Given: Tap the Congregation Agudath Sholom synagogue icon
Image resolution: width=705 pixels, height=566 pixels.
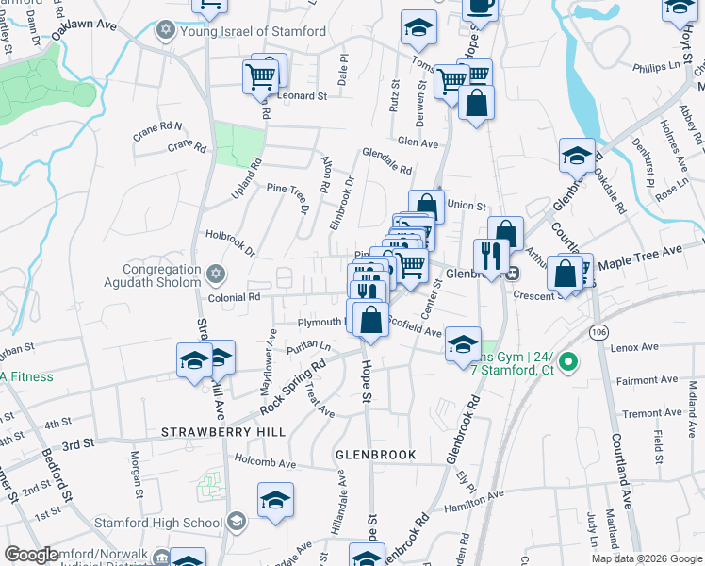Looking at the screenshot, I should click(x=216, y=275).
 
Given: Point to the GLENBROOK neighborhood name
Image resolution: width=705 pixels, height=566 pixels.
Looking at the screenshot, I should click(x=375, y=455).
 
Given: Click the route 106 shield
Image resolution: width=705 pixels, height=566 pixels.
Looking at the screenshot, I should click(x=599, y=332).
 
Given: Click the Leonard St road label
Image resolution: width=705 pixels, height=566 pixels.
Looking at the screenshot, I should click(x=302, y=95).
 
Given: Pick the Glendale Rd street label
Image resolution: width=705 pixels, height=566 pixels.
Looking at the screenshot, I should click(x=386, y=162).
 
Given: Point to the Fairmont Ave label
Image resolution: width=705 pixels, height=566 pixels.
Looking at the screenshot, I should click(x=647, y=380).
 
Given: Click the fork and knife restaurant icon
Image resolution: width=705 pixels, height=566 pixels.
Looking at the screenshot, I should click(x=491, y=255).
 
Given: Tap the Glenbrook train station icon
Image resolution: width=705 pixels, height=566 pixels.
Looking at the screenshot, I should click(x=513, y=274).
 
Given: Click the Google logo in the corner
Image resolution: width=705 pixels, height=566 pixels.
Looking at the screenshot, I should click(x=31, y=555).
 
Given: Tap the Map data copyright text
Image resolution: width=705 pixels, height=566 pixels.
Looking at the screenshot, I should click(x=647, y=558).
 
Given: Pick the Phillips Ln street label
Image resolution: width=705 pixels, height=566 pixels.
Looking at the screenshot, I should click(x=656, y=68).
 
